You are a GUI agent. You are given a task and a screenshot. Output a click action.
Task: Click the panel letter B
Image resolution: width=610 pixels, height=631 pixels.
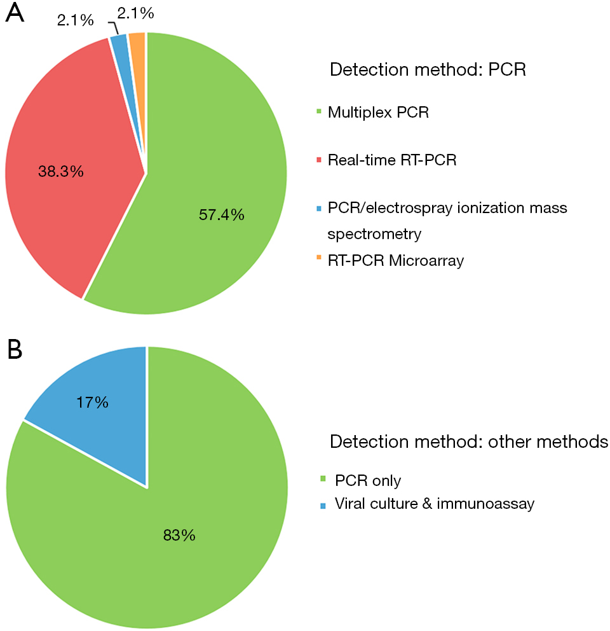click(x=15, y=349)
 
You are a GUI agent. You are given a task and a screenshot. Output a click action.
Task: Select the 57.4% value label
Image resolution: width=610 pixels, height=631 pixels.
click(x=222, y=214)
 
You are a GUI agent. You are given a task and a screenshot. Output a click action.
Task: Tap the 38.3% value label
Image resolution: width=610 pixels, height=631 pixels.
click(x=61, y=172)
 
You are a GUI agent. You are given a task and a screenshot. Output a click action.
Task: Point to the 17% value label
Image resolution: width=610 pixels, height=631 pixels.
click(x=93, y=403)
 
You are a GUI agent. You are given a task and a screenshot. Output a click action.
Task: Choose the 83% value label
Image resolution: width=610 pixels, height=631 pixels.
click(x=179, y=535)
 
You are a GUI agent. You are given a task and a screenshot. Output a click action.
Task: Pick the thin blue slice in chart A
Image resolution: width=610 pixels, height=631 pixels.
click(x=124, y=64)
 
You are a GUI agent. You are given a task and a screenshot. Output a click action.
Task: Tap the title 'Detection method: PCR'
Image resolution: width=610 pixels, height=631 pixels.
click(x=428, y=69)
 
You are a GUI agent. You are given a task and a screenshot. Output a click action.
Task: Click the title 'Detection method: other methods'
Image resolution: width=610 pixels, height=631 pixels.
click(x=469, y=441)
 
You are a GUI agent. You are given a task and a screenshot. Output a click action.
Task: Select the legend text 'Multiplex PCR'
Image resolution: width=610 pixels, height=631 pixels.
click(x=378, y=113)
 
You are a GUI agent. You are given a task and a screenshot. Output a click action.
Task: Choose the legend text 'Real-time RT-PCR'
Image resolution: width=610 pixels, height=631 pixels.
click(x=392, y=160)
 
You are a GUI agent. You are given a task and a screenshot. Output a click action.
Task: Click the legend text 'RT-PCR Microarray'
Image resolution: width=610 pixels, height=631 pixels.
click(x=396, y=260)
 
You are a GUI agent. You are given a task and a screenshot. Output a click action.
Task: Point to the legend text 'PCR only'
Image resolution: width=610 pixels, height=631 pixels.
click(x=368, y=480)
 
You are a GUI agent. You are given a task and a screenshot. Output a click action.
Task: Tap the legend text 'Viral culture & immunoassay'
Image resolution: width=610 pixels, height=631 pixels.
click(x=435, y=504)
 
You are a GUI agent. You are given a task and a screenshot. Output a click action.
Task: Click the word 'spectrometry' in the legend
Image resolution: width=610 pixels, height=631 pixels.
click(x=374, y=234)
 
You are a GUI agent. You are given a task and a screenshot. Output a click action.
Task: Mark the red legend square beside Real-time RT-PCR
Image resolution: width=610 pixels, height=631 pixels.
click(x=319, y=160)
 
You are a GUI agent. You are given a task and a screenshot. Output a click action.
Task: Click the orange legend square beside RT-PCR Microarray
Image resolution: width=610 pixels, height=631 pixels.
click(x=319, y=257)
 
